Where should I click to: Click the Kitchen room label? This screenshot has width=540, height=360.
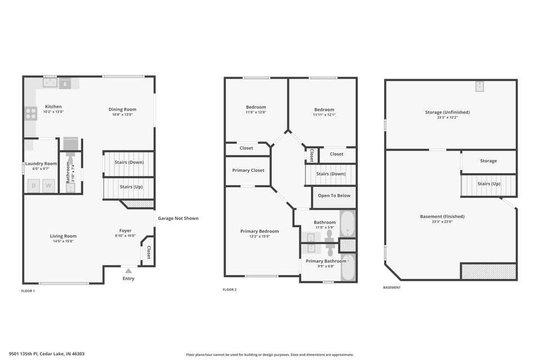[53, 106]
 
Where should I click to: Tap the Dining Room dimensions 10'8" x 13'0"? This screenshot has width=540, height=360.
[123, 114]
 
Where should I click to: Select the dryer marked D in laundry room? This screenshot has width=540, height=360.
[34, 186]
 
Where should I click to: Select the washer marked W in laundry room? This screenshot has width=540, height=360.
[49, 186]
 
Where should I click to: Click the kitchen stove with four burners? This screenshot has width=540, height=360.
[30, 114]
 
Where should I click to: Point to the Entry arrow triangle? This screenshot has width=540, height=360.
[128, 271]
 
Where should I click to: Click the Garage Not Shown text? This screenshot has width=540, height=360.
[178, 218]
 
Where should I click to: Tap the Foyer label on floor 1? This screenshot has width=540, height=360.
[125, 230]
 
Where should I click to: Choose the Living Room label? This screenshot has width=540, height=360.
[63, 236]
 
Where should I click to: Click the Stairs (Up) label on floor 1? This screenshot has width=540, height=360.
[130, 186]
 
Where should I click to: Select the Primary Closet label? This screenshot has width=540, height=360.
[248, 170]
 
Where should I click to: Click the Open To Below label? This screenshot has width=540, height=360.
[334, 196]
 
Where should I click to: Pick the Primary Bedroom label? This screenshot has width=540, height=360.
[259, 231]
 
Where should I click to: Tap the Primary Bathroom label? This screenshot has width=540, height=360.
[326, 261]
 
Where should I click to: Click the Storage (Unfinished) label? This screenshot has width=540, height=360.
[447, 112]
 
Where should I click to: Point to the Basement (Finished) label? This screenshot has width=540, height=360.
[442, 216]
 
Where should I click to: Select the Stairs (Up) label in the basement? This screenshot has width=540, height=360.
[488, 183]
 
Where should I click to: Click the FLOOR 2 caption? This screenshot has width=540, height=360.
[229, 290]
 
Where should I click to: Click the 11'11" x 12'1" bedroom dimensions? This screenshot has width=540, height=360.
[324, 115]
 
